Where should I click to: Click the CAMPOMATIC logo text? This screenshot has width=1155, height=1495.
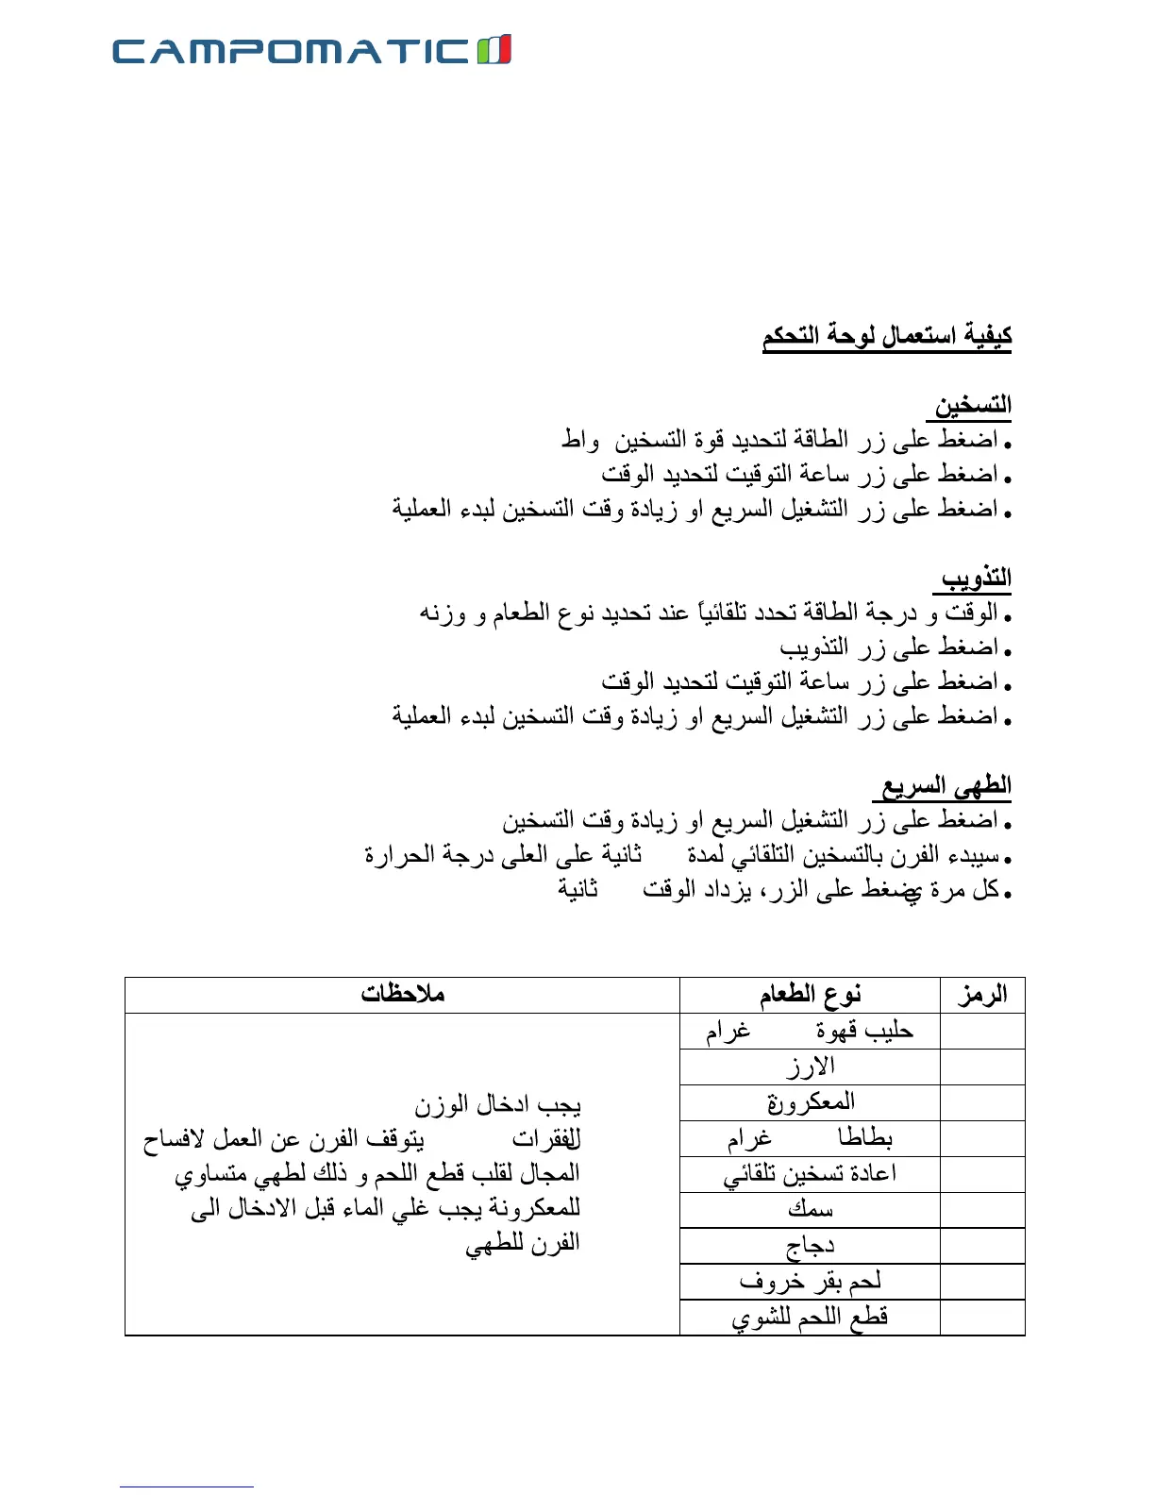291,51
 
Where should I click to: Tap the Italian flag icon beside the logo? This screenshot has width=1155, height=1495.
494,49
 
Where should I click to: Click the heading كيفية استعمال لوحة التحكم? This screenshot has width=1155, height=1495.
887,336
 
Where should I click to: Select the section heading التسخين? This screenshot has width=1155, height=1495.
972,406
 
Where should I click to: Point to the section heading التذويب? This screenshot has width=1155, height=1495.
976,578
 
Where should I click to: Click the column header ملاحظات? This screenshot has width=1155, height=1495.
402,994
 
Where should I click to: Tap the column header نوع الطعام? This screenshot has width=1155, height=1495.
810,995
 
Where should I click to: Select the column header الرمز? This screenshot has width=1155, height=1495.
982,995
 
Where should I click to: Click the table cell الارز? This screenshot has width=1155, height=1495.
811,1067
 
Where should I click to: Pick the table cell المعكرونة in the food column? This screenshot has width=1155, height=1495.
811,1102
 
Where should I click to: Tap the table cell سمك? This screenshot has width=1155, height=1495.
811,1210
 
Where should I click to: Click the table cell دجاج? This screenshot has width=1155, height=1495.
811,1247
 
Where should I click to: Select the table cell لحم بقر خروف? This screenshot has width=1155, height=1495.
811,1282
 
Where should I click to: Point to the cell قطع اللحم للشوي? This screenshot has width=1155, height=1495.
811,1318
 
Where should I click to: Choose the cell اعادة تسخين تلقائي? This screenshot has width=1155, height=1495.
811,1174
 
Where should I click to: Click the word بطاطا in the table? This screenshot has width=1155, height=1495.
865,1138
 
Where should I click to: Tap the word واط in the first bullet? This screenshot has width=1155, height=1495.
580,440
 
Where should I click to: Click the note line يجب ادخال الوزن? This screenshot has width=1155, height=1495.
497,1103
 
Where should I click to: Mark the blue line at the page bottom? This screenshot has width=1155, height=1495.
186,1487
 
